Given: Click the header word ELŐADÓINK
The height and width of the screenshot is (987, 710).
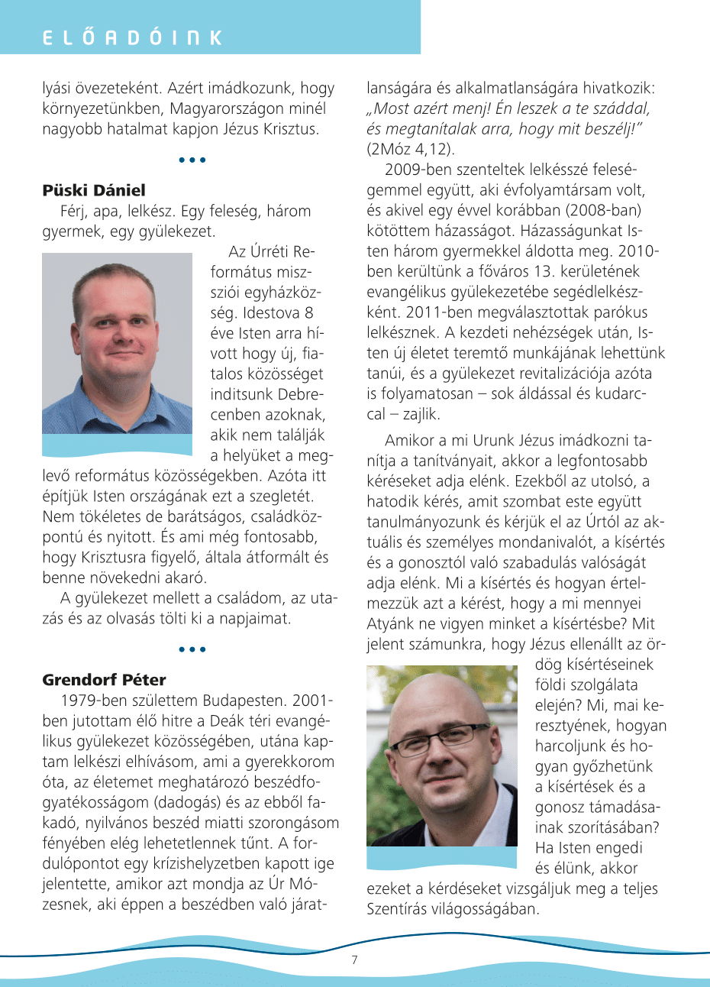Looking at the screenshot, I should tap(132, 37).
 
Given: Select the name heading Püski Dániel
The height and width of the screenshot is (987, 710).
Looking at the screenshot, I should tap(94, 190).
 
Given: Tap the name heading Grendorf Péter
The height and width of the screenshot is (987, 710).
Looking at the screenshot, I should tap(104, 679).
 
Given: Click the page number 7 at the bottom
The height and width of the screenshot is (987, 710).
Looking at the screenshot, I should tap(354, 960).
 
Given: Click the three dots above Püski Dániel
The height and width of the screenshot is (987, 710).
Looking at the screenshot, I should tap(192, 160).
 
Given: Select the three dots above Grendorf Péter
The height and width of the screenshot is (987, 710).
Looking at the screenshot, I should tap(192, 649).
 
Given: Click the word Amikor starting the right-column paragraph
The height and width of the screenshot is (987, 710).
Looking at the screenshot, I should tap(410, 440).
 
